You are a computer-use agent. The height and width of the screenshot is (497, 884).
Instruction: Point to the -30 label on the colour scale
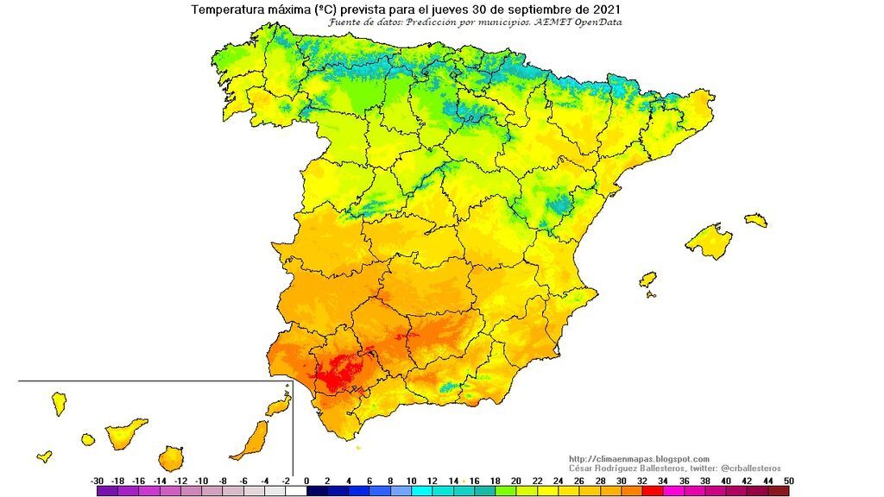(98, 480)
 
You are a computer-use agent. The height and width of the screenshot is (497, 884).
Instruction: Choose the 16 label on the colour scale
(473, 480)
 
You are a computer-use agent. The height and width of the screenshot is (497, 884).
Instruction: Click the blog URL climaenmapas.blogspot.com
(639, 458)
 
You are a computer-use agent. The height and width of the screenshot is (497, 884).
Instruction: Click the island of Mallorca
(709, 240)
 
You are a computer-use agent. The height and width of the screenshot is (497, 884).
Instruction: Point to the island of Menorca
(755, 219)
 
